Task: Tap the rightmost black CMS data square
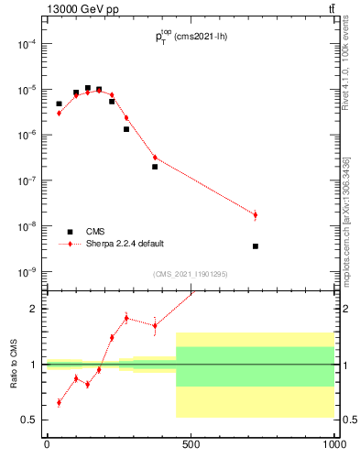[x=255, y=245]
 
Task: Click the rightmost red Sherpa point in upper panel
[x=255, y=215]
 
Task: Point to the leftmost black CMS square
[x=59, y=104]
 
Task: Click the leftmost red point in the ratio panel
[x=59, y=402]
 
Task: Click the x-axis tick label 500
[x=191, y=444]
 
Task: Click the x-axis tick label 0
[x=47, y=444]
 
